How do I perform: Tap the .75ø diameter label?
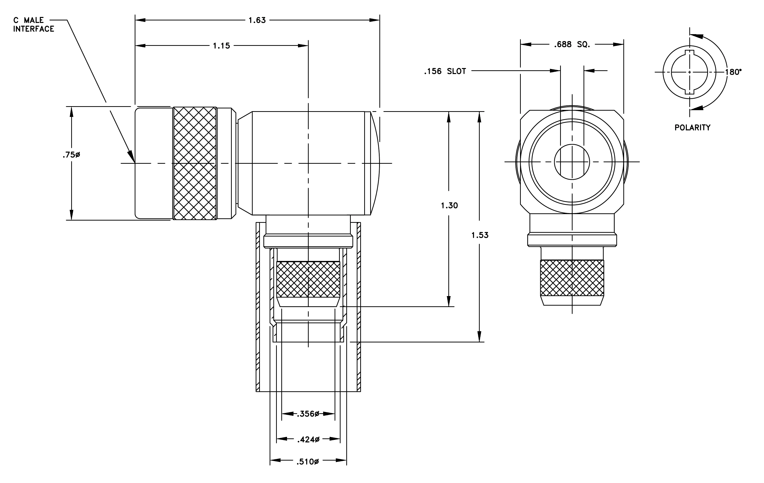tap(71, 155)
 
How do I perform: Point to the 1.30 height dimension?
tap(449, 206)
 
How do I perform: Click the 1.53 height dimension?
tap(480, 235)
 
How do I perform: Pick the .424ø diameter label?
tap(308, 439)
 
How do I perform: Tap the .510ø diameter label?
tap(307, 462)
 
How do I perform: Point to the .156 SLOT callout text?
tap(445, 72)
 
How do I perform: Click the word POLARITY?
tap(692, 128)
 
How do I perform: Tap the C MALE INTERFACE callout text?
tap(34, 25)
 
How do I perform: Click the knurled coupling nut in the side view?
tap(195, 163)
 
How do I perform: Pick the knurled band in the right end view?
tap(572, 278)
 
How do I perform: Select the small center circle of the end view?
tap(572, 162)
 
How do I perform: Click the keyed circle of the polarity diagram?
tap(689, 73)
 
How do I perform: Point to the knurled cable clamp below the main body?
tap(308, 279)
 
